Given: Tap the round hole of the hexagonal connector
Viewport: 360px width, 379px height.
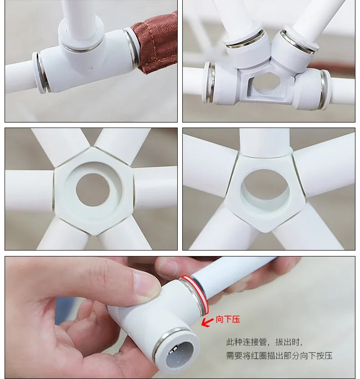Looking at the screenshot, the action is [x=93, y=190].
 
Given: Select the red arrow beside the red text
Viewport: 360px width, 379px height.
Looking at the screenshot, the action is [x=207, y=322].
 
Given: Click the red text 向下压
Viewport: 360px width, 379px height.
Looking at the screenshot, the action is [x=228, y=319].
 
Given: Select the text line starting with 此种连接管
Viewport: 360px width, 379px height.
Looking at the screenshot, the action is [x=264, y=342].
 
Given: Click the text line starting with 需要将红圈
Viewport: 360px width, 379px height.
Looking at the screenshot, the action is [x=279, y=356].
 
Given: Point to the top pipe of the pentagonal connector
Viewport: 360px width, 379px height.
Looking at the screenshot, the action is [x=265, y=142].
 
